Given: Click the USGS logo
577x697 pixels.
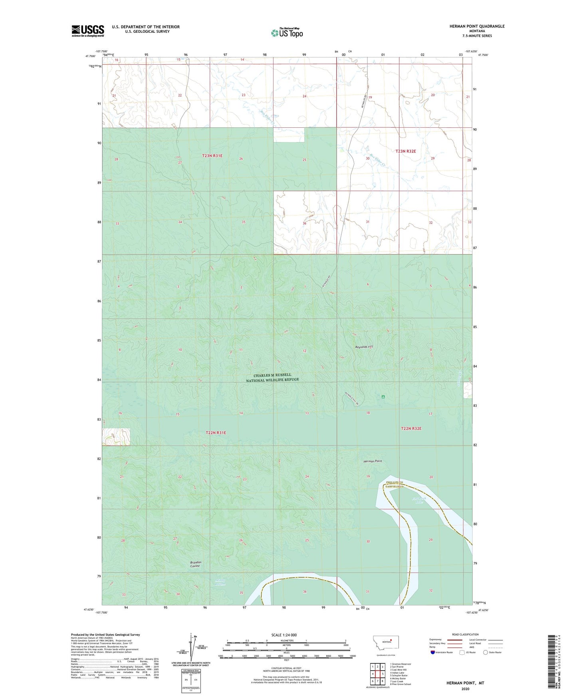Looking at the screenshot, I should [87, 31].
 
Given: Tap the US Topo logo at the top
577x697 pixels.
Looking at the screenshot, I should [286, 33].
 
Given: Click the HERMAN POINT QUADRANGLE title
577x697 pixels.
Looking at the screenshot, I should [471, 26].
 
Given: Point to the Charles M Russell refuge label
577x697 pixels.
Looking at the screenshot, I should [272, 378].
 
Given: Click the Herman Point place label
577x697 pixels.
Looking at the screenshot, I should [373, 461].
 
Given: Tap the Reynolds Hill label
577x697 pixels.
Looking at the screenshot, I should [364, 347].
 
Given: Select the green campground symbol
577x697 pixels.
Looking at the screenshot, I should [383, 397].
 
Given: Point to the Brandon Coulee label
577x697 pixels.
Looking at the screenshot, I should [196, 564].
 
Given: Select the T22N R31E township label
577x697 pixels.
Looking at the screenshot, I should [216, 432].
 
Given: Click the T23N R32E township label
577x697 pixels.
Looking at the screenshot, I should [406, 151].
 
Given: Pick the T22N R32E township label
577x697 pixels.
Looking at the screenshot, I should [411, 429].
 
